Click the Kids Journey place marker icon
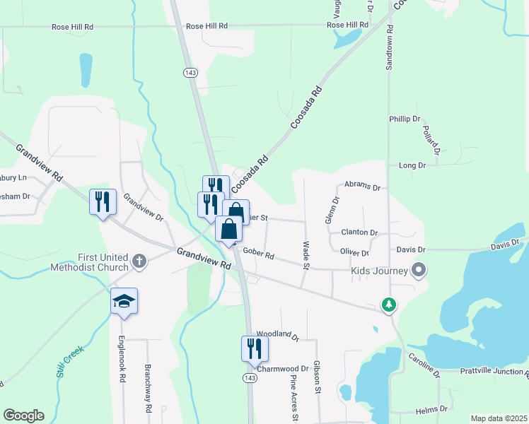tap(419, 270)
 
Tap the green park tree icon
tap(388, 305)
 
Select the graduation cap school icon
tap(124, 302)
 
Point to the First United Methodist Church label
tap(89, 262)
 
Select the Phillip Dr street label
tap(405, 119)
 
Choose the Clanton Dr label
tap(359, 232)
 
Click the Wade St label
tap(306, 255)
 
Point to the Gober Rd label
tap(257, 252)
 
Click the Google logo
tap(23, 416)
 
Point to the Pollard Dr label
tap(432, 140)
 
